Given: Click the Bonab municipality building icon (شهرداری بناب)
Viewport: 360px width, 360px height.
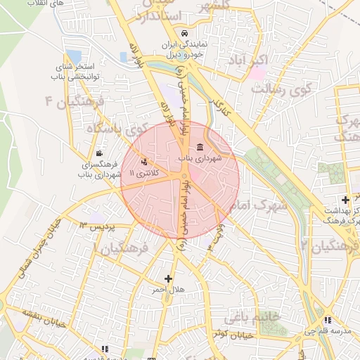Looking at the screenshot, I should pos(201,148).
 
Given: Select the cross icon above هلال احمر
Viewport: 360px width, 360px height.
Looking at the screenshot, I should pos(168,278).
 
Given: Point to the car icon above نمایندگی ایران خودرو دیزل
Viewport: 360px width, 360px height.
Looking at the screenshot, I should pos(184,33).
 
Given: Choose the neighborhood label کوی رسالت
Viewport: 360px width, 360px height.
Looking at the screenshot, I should pos(281,90).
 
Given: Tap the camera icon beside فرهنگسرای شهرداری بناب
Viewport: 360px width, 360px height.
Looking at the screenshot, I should pos(99,154).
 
